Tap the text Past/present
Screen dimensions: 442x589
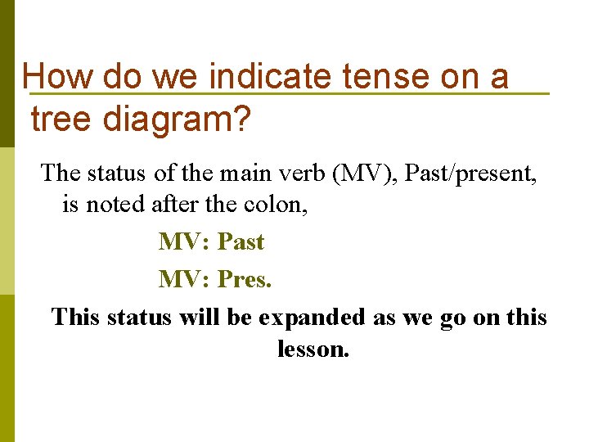click(x=472, y=174)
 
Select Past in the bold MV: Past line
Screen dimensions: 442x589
click(x=241, y=242)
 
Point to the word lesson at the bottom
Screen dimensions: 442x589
click(x=312, y=350)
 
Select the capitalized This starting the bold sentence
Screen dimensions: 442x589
click(x=75, y=318)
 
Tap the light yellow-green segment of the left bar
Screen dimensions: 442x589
click(x=7, y=221)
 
